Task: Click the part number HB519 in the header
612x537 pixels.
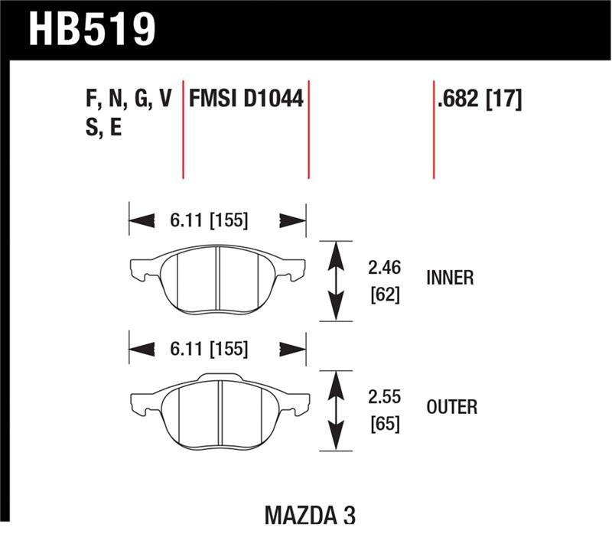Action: [x=92, y=29]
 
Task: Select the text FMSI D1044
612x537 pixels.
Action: [x=246, y=99]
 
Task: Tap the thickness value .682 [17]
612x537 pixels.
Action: [x=479, y=99]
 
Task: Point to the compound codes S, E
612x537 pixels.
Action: [x=105, y=128]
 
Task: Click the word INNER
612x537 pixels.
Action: [x=449, y=278]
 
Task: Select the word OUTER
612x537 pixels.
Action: [x=451, y=407]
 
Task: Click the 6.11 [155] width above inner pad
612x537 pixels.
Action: [x=209, y=221]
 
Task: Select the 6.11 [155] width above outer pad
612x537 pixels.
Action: [x=209, y=350]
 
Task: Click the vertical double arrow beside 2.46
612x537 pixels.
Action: [x=335, y=280]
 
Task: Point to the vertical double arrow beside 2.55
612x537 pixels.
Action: [x=335, y=411]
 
